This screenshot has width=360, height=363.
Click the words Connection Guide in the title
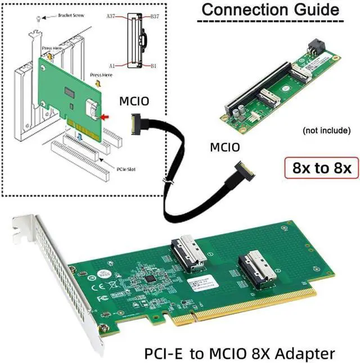tap(270, 10)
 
